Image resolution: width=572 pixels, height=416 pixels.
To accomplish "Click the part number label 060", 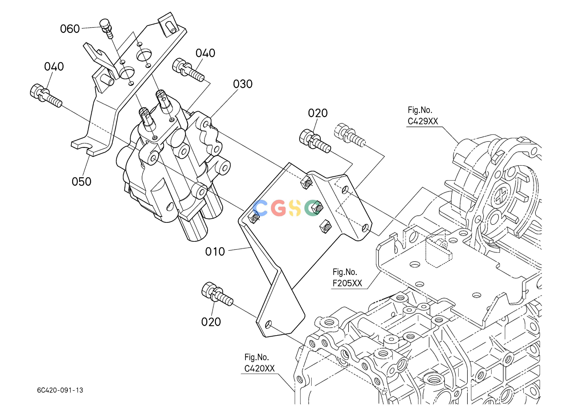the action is pyautogui.click(x=70, y=29).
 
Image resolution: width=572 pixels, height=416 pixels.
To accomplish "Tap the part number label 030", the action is pyautogui.click(x=243, y=84).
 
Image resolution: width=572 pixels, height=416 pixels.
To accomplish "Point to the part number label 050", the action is pyautogui.click(x=81, y=182).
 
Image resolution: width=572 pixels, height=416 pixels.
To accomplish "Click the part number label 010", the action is pyautogui.click(x=215, y=252).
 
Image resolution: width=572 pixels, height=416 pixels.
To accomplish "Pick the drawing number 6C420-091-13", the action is pyautogui.click(x=60, y=390).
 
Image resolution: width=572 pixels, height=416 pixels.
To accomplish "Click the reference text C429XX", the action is pyautogui.click(x=423, y=121).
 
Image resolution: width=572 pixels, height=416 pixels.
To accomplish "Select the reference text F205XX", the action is pyautogui.click(x=347, y=283).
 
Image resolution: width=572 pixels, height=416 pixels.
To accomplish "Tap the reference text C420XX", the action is pyautogui.click(x=260, y=368).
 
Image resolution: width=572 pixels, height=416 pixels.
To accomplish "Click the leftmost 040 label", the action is pyautogui.click(x=54, y=67).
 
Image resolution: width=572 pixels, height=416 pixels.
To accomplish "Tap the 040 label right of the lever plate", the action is pyautogui.click(x=205, y=53).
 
